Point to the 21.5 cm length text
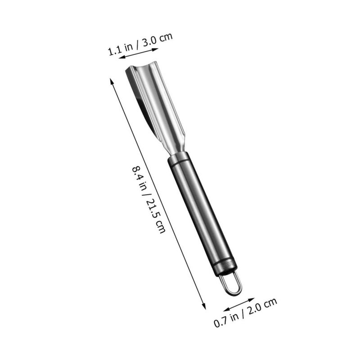(x=156, y=216)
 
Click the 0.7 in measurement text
(x=226, y=319)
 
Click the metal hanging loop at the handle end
(x=230, y=284)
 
